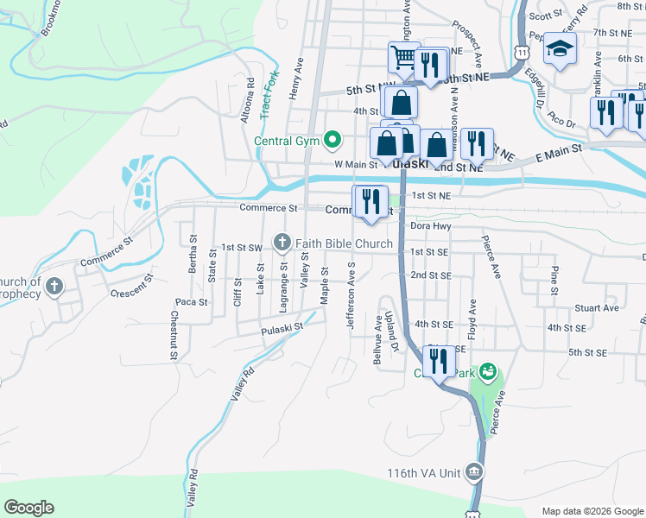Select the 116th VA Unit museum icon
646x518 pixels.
(473, 472)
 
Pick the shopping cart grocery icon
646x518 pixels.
(403, 59)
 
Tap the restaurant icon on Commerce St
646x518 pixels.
(370, 201)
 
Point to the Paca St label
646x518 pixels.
(191, 302)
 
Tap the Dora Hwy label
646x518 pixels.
(431, 226)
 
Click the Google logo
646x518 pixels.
(28, 508)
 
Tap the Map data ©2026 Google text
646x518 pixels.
(592, 511)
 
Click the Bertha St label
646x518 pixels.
(193, 252)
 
